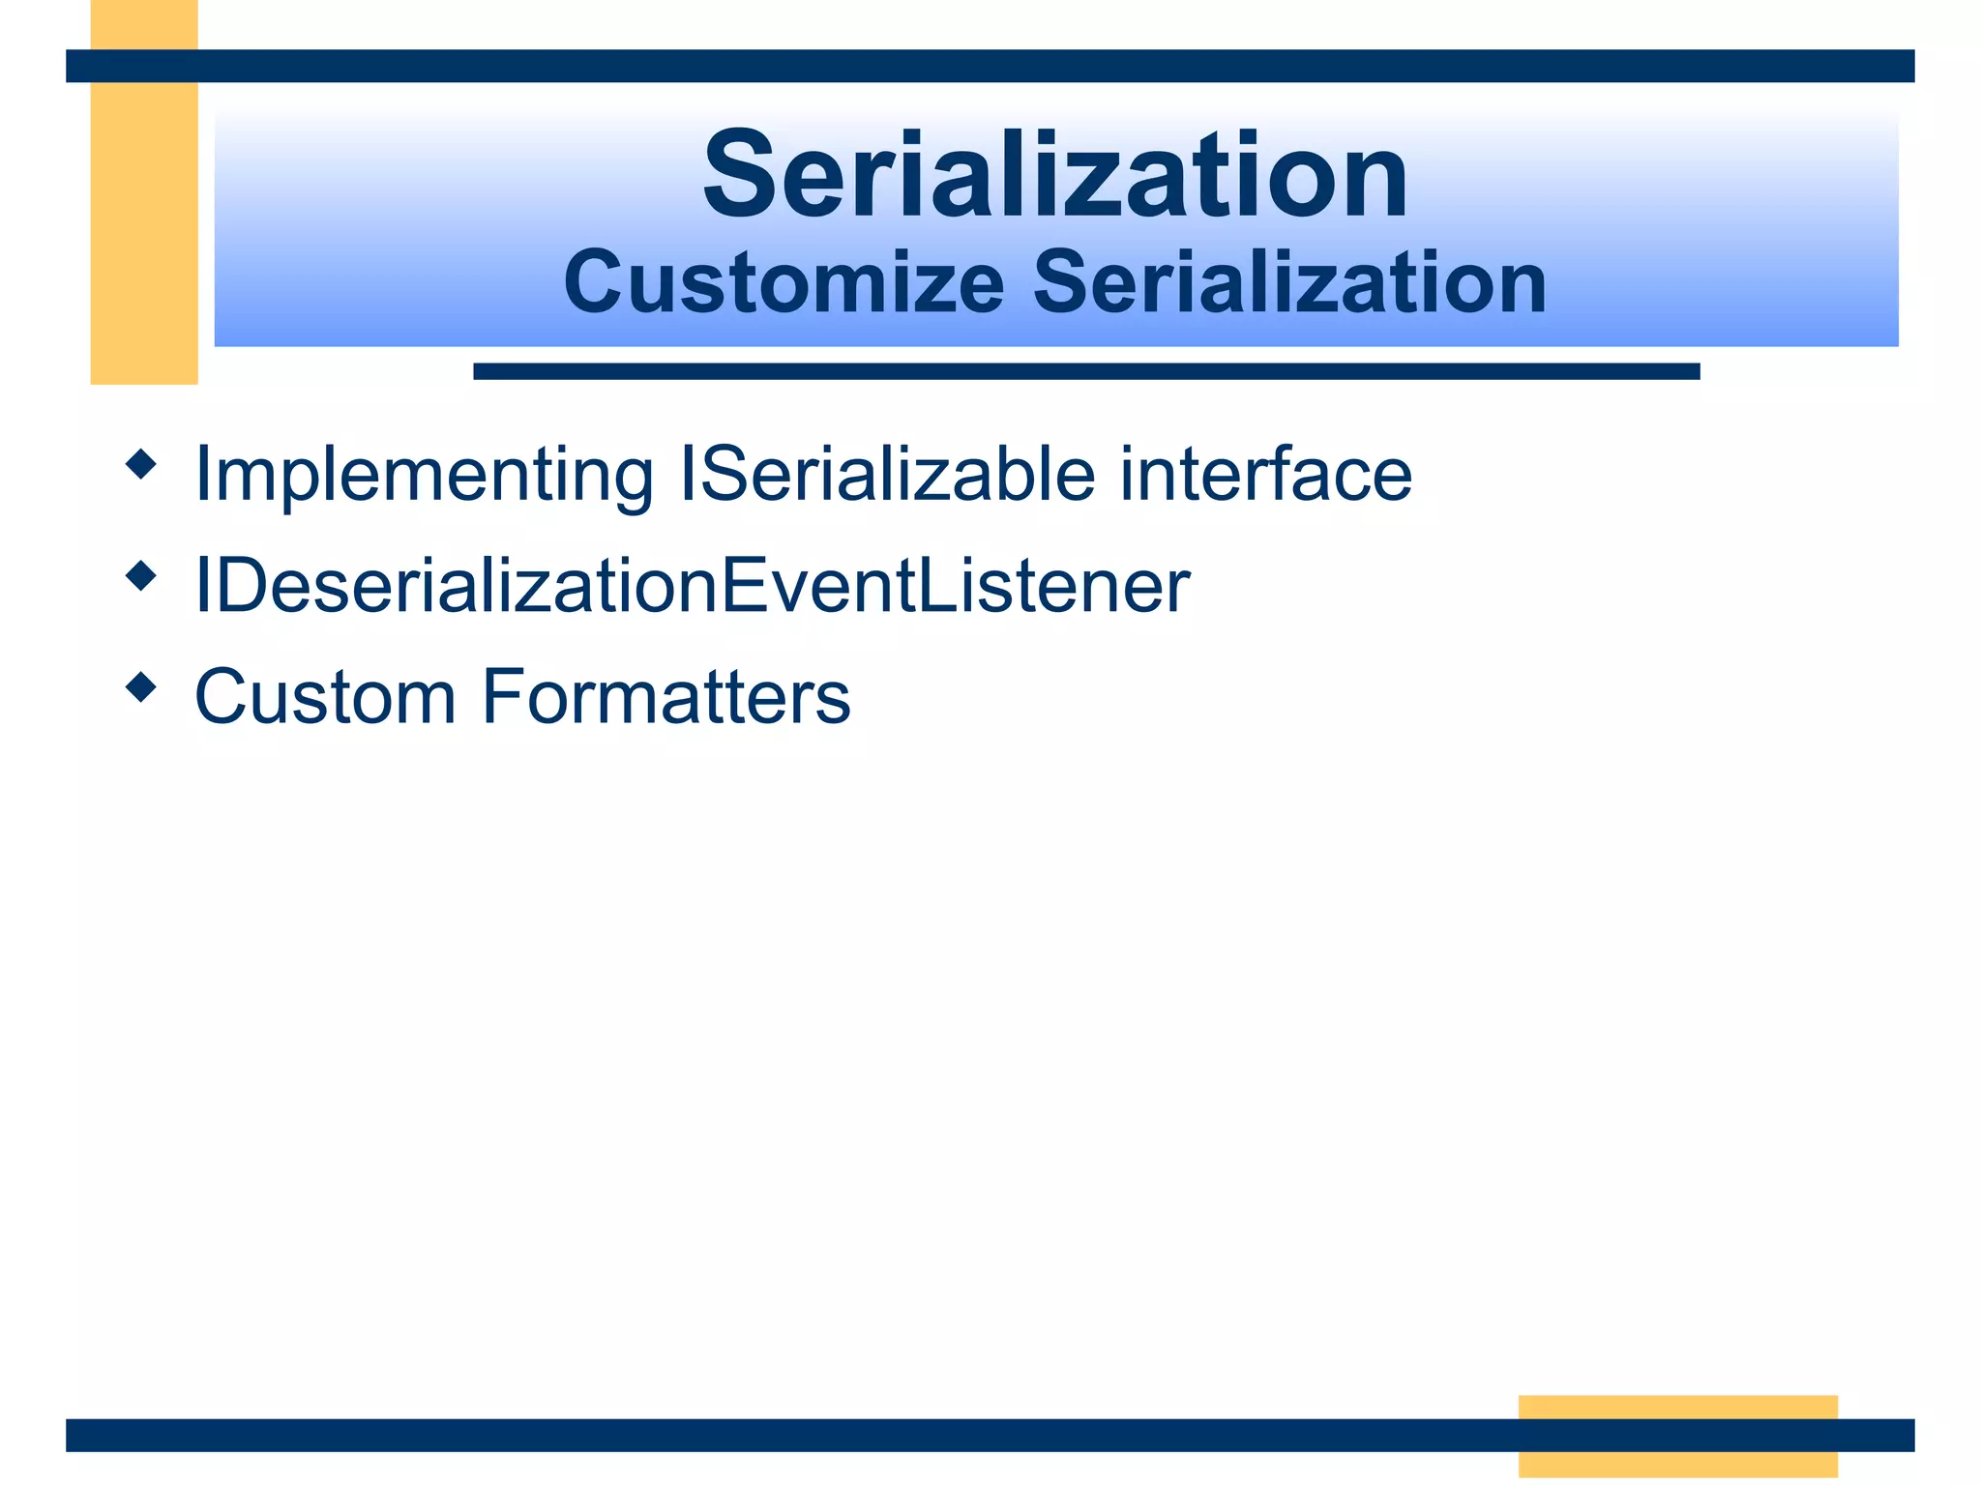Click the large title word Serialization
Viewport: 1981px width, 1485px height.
tap(1055, 176)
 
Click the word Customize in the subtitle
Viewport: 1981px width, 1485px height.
tap(784, 283)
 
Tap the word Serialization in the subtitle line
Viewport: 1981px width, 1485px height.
tap(1290, 283)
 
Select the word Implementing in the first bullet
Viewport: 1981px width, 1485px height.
tap(424, 476)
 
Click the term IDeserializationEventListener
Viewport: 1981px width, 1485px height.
tap(692, 586)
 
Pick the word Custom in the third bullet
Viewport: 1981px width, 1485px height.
tap(325, 697)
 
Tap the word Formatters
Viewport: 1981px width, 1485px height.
tap(666, 697)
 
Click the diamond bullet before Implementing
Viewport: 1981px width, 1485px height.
tap(141, 464)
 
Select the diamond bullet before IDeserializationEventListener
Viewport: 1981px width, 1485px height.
tap(141, 576)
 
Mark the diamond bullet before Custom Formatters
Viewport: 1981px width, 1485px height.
tap(141, 687)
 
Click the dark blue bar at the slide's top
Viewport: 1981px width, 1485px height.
tap(990, 66)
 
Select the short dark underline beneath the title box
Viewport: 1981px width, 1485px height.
tap(1085, 371)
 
